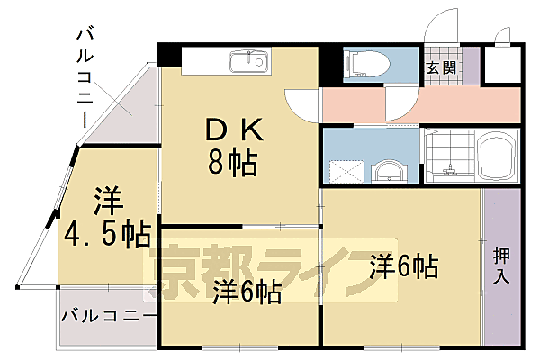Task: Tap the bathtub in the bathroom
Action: [496, 157]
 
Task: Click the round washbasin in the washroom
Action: [388, 170]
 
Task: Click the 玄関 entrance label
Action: [441, 67]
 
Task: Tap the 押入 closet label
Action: [501, 265]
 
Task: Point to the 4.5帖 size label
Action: [106, 235]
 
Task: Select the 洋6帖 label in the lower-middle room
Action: [247, 292]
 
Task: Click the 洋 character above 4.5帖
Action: [106, 199]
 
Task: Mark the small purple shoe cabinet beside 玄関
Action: [467, 67]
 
